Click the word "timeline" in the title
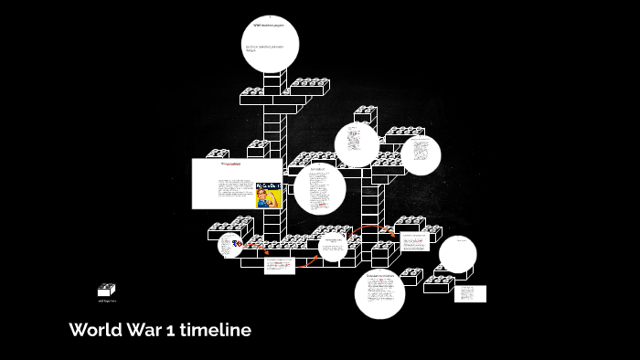coord(216,330)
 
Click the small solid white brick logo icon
coord(107,290)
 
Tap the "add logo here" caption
coord(107,301)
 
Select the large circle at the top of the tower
coord(271,44)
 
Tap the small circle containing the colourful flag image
coord(230,245)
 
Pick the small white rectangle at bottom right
coord(470,293)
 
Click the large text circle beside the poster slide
coord(319,190)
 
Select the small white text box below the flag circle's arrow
coord(279,265)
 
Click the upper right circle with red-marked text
coord(357,144)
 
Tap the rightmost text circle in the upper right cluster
coord(420,154)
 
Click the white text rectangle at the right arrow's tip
coord(415,242)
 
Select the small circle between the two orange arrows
coord(332,245)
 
